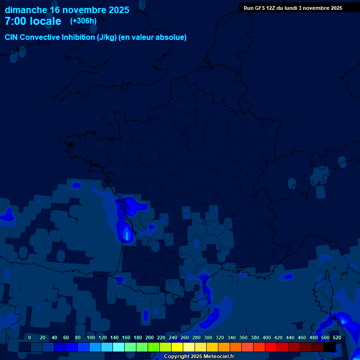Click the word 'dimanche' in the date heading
click(26, 10)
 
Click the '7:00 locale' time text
click(33, 21)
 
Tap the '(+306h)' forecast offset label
click(83, 21)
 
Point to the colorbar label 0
click(30, 337)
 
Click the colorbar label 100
click(90, 337)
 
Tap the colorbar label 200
click(150, 337)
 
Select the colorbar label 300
click(208, 337)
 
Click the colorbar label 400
click(267, 337)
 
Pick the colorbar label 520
click(337, 337)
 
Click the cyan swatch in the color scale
click(119, 347)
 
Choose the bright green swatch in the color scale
click(154, 347)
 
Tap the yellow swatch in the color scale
click(177, 347)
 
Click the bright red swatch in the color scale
click(271, 347)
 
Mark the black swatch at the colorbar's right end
click(330, 347)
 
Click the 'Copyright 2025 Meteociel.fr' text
click(199, 356)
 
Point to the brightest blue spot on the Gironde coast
click(127, 232)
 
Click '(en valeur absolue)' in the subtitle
click(153, 37)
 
